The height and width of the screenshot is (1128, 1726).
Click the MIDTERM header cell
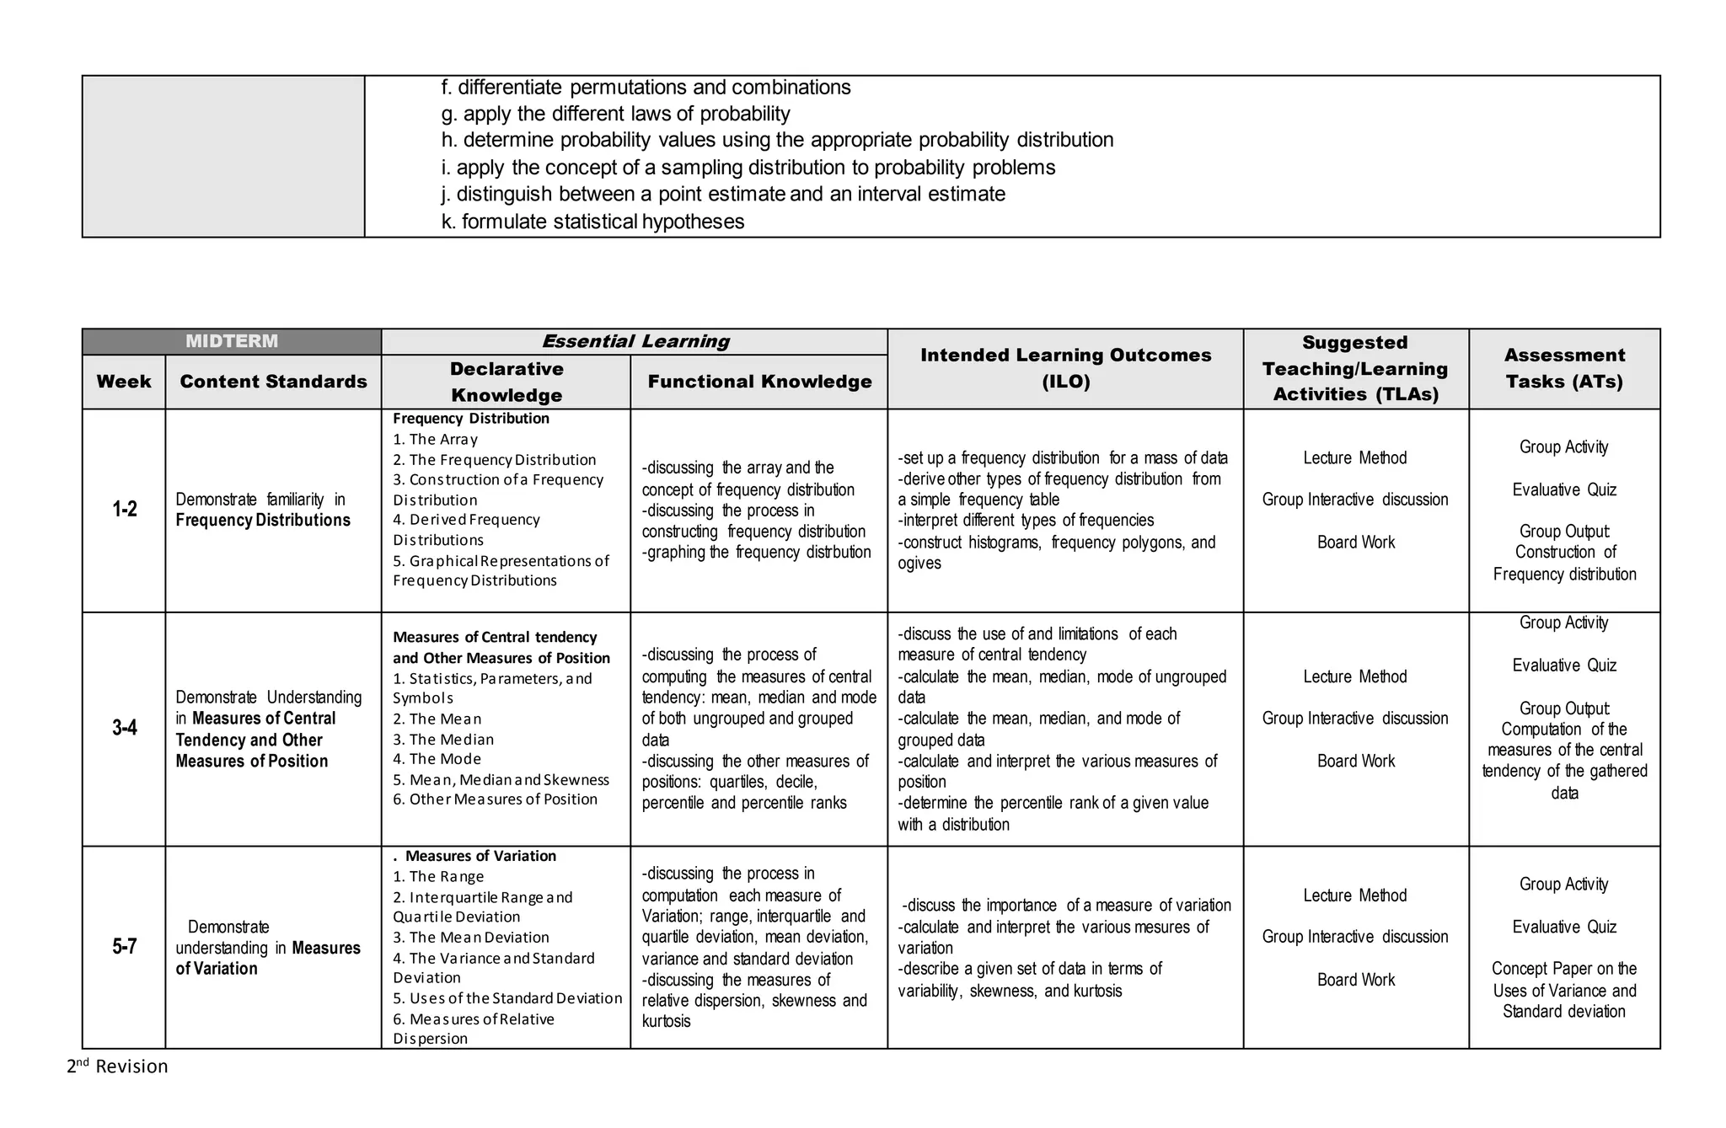(231, 341)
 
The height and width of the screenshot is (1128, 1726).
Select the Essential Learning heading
(635, 341)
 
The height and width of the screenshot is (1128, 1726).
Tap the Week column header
(124, 382)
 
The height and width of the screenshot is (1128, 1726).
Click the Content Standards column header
(273, 382)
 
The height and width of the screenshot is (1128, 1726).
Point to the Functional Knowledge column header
(759, 382)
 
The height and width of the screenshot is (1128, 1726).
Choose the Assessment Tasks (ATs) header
(1564, 368)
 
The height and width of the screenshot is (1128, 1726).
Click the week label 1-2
(125, 509)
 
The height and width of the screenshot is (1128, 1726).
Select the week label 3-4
(125, 728)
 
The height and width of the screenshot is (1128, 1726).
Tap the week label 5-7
(125, 947)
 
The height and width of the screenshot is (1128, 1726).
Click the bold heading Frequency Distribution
(471, 419)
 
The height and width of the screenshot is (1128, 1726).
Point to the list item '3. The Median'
(443, 740)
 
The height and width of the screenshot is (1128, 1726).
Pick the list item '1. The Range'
(438, 877)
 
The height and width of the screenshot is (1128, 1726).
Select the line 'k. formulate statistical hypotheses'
(592, 222)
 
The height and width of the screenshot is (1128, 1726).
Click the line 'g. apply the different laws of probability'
(615, 114)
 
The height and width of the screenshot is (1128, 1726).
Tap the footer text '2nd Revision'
(118, 1067)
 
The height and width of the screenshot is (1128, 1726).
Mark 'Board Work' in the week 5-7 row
(1356, 980)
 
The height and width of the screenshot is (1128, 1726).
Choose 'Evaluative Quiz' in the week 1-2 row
(1564, 489)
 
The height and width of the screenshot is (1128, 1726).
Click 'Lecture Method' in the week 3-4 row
(1355, 676)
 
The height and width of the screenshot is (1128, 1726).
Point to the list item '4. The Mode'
(437, 759)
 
